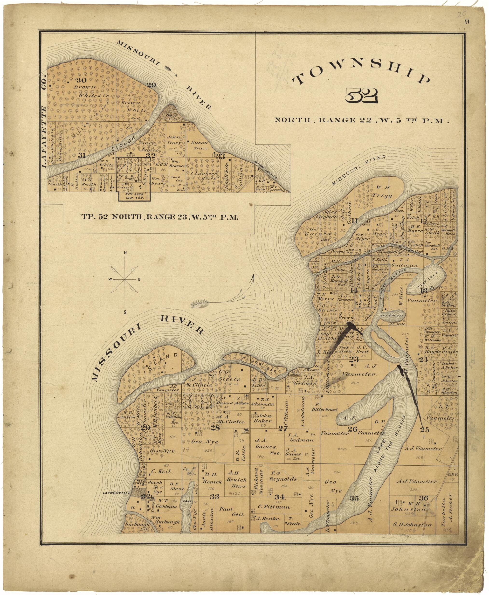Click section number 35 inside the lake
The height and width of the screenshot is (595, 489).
[x=354, y=498]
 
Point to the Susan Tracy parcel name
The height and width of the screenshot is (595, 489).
[x=200, y=145]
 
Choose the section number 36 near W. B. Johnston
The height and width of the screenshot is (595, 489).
[x=423, y=498]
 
